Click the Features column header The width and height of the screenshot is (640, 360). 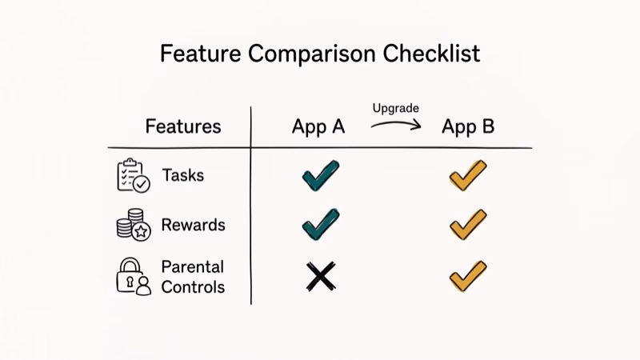[183, 126]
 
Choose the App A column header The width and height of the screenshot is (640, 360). [318, 126]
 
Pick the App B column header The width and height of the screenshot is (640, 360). [468, 126]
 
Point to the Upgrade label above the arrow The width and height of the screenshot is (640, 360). [395, 107]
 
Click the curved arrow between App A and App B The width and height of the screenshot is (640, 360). [395, 124]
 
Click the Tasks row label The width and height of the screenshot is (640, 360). [182, 175]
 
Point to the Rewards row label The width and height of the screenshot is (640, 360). [193, 225]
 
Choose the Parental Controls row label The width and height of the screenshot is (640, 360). [193, 276]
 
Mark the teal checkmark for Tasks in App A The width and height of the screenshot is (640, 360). [321, 175]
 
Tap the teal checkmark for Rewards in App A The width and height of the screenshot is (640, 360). [321, 225]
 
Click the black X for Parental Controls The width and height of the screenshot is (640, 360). [320, 277]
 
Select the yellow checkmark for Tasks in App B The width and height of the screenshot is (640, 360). [468, 175]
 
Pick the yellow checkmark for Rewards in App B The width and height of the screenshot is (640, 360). [468, 225]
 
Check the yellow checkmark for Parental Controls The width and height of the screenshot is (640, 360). [468, 276]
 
